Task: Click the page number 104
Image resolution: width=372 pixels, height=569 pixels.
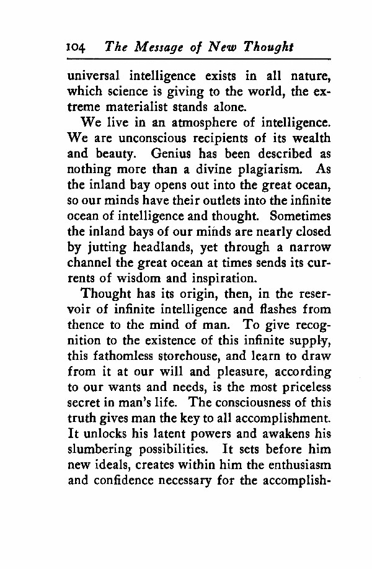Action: click(79, 48)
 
